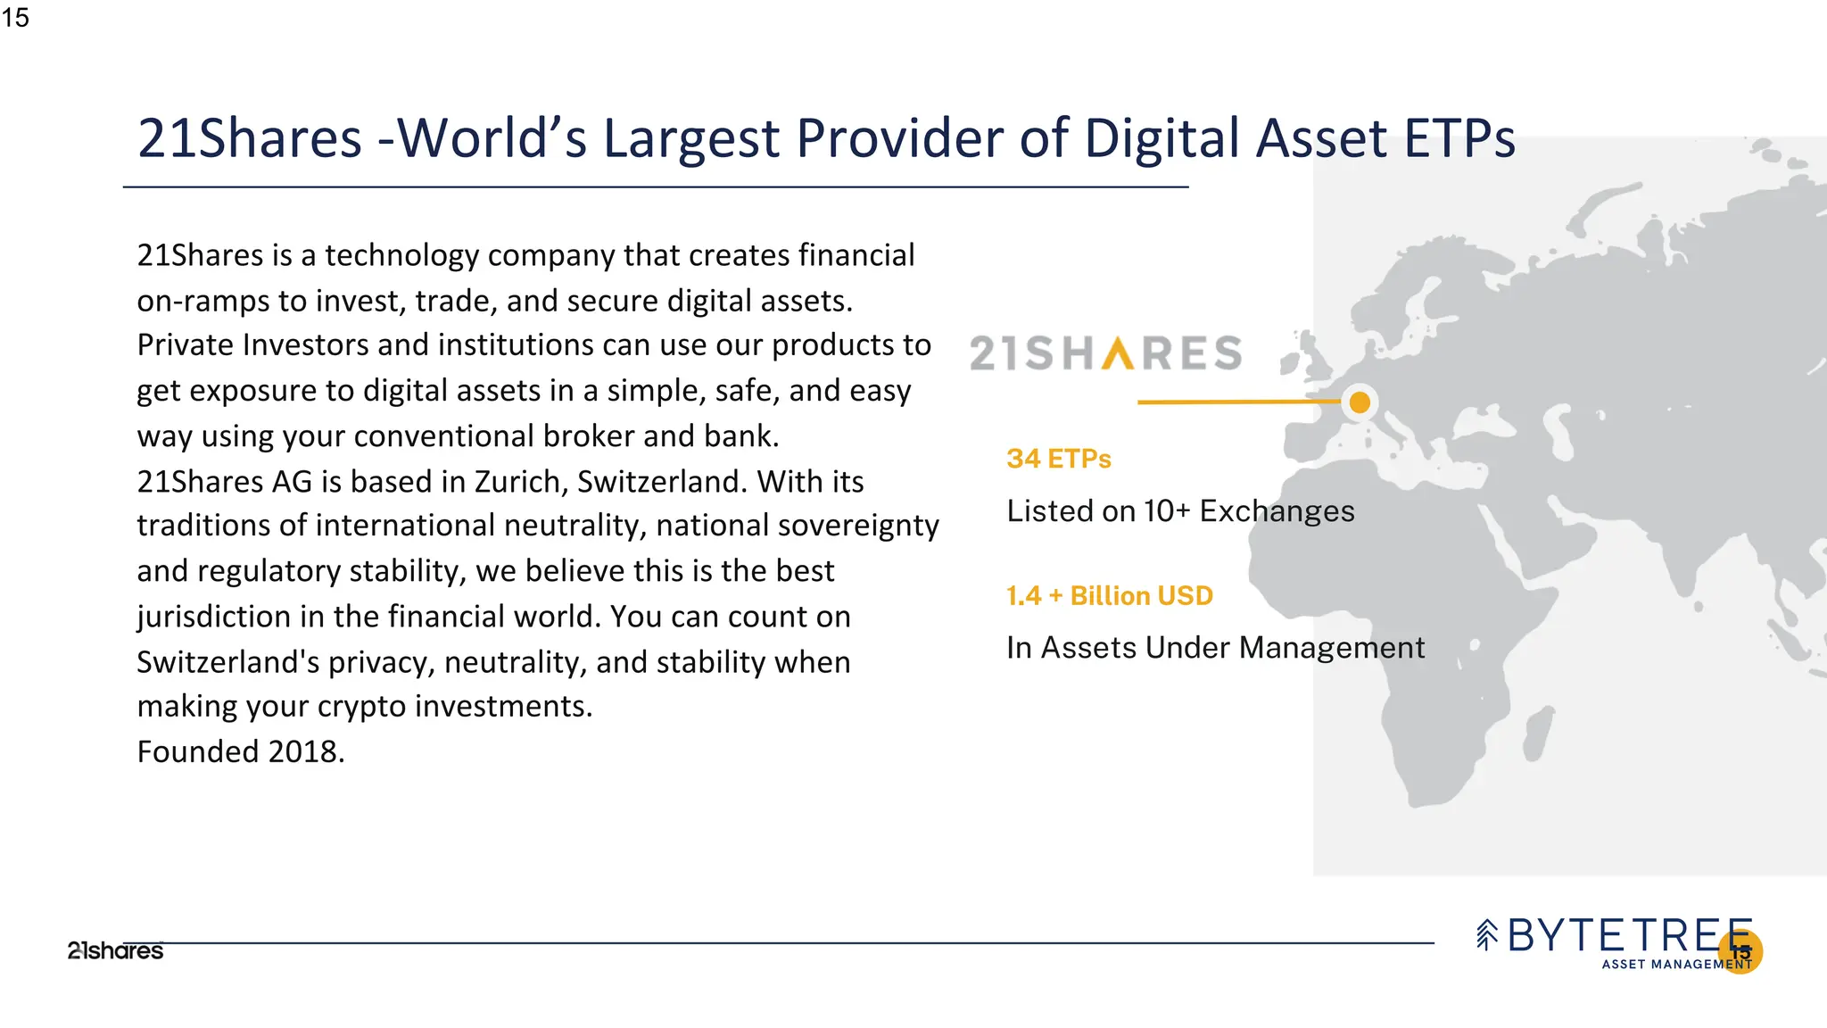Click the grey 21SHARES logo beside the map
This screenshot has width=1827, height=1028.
pos(1105,353)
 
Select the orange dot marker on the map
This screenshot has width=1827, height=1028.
pos(1360,402)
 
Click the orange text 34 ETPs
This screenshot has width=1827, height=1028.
pos(1059,459)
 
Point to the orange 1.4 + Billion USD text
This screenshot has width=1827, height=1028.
pos(1110,595)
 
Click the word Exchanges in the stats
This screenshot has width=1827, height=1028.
pos(1277,511)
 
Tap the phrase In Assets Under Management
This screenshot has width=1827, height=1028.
pos(1215,648)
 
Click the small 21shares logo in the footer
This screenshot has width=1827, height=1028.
pos(115,951)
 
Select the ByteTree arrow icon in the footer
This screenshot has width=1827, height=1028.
pos(1486,935)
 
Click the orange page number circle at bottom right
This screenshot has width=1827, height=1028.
pos(1740,951)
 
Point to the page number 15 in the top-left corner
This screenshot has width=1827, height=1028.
pos(15,18)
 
